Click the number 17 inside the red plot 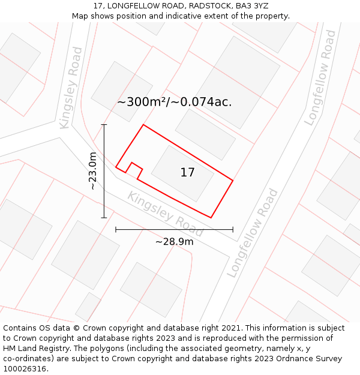pyautogui.click(x=187, y=173)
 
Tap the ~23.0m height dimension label pyautogui.click(x=93, y=171)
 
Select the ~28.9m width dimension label pyautogui.click(x=174, y=242)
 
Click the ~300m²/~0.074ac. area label pyautogui.click(x=174, y=102)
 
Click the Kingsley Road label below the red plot pyautogui.click(x=165, y=210)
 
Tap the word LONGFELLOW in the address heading pyautogui.click(x=133, y=6)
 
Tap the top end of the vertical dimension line pyautogui.click(x=104, y=125)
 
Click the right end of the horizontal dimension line pyautogui.click(x=233, y=229)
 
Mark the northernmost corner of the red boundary pyautogui.click(x=143, y=125)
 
